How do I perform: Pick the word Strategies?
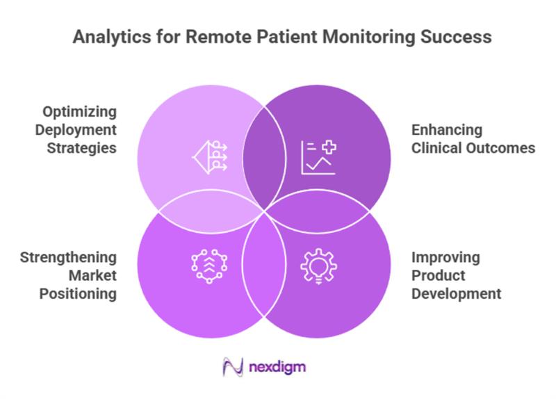point(83,148)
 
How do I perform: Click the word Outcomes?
point(499,148)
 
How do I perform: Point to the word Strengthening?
point(68,257)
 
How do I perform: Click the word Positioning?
point(78,293)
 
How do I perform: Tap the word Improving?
point(445,257)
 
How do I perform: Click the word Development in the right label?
point(456,293)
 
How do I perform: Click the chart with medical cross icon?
point(318,156)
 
